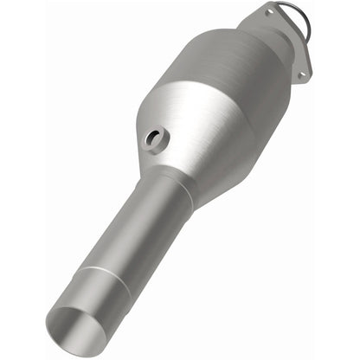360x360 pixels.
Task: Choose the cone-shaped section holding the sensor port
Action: point(173,138)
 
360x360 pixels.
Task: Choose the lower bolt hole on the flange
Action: point(302,74)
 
